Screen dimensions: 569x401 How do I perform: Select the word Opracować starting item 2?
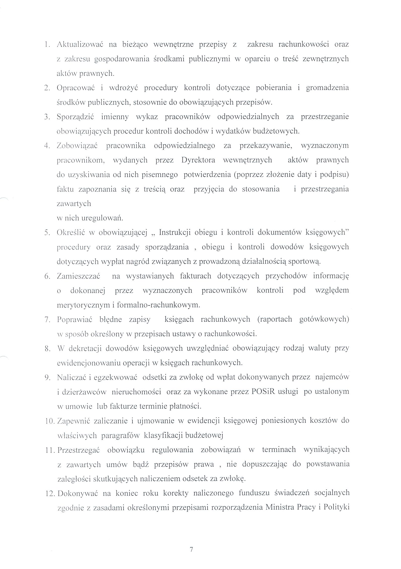76,88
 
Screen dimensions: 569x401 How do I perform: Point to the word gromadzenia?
327,88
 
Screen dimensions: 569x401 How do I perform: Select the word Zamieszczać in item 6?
79,276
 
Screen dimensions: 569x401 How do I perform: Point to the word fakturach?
195,276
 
